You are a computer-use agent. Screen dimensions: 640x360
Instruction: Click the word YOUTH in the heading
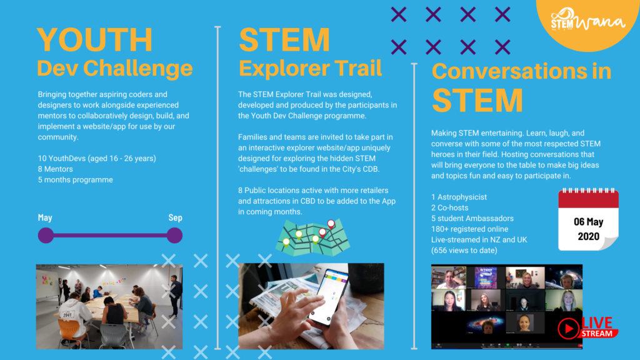point(95,39)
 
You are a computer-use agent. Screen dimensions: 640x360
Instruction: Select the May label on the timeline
point(45,217)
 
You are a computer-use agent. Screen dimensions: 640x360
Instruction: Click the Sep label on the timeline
point(176,217)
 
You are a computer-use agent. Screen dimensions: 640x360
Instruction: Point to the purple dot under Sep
point(175,236)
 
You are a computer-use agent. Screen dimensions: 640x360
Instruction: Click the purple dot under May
point(46,236)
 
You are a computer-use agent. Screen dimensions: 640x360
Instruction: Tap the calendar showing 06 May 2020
point(589,219)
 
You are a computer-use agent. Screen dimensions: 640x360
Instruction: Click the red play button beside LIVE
point(569,327)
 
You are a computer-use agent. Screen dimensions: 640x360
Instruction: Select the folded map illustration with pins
point(313,237)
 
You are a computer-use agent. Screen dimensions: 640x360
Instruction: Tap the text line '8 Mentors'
point(56,169)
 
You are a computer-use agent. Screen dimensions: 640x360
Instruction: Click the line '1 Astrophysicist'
point(459,197)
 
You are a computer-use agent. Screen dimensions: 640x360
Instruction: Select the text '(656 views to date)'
point(464,250)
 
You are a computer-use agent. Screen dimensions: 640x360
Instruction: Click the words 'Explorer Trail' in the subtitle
point(310,68)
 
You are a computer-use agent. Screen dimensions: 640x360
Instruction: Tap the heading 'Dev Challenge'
point(115,68)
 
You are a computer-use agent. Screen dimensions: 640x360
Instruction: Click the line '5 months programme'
point(76,179)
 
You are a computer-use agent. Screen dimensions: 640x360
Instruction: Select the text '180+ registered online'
point(470,229)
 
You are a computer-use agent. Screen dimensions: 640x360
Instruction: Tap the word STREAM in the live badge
point(596,334)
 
